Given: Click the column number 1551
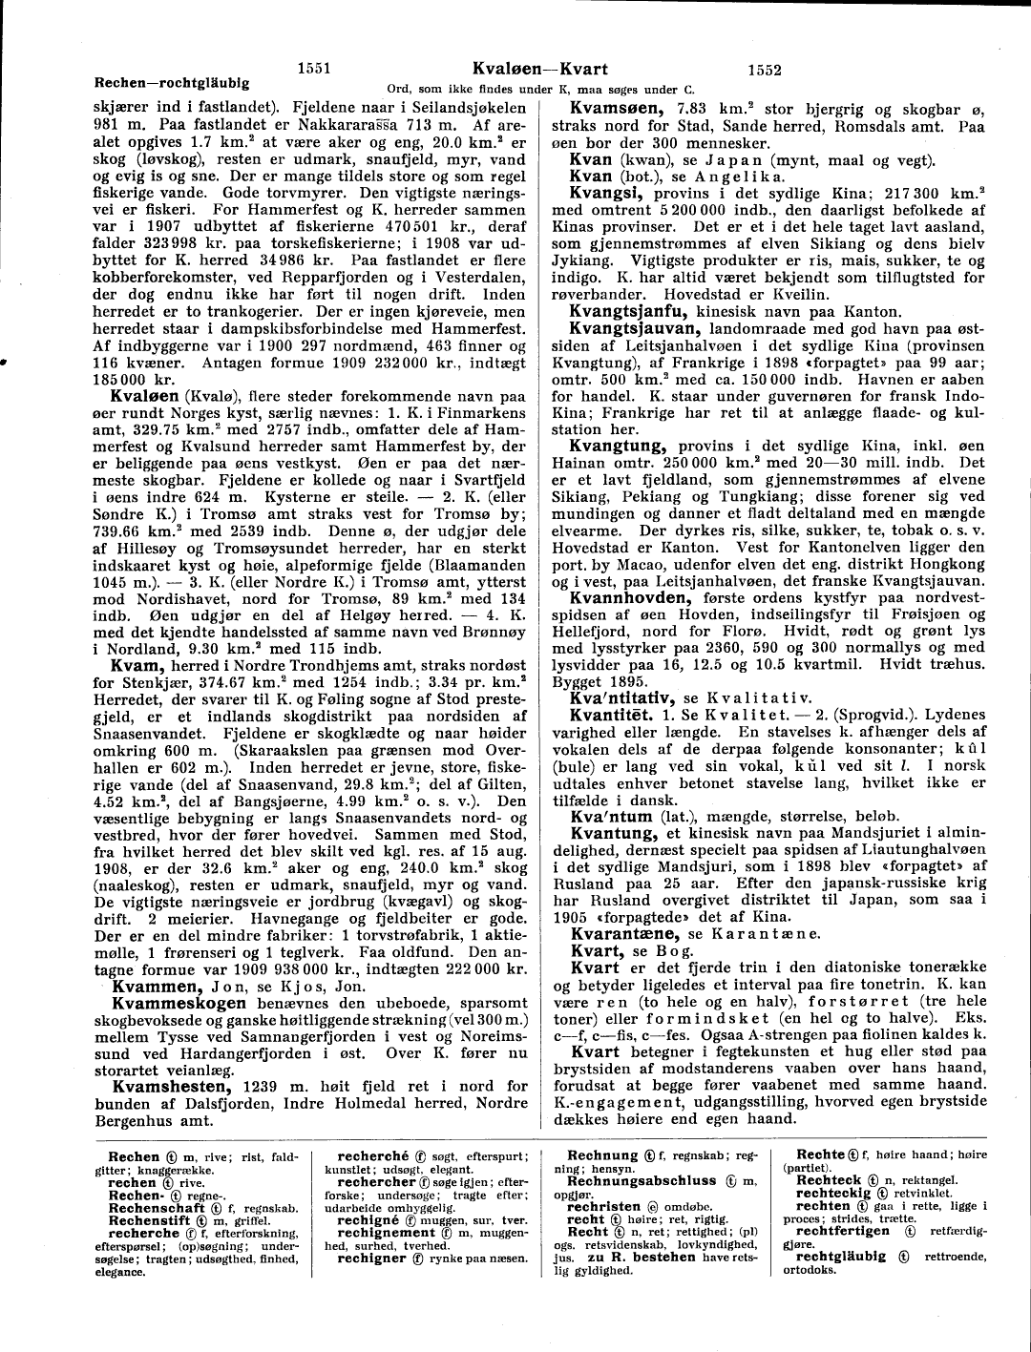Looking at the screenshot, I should (x=314, y=69).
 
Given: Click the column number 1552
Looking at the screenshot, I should (x=766, y=69).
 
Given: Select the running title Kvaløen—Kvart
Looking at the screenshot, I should (x=539, y=69).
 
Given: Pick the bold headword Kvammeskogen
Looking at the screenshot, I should (x=179, y=1004).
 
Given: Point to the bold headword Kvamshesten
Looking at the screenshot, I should (x=174, y=1086).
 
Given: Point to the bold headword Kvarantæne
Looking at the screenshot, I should (x=624, y=932).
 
